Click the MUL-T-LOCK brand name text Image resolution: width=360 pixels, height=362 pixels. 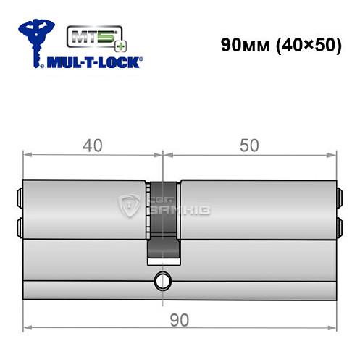[95, 62]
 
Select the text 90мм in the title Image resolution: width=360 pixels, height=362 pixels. [244, 44]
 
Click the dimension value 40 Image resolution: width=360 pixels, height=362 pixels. [92, 147]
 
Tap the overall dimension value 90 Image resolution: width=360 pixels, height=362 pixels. [179, 319]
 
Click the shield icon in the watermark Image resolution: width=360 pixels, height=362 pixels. [130, 207]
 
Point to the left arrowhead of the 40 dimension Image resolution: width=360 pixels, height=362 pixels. [28, 154]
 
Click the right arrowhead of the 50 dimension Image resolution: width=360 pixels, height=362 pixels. [333, 154]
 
